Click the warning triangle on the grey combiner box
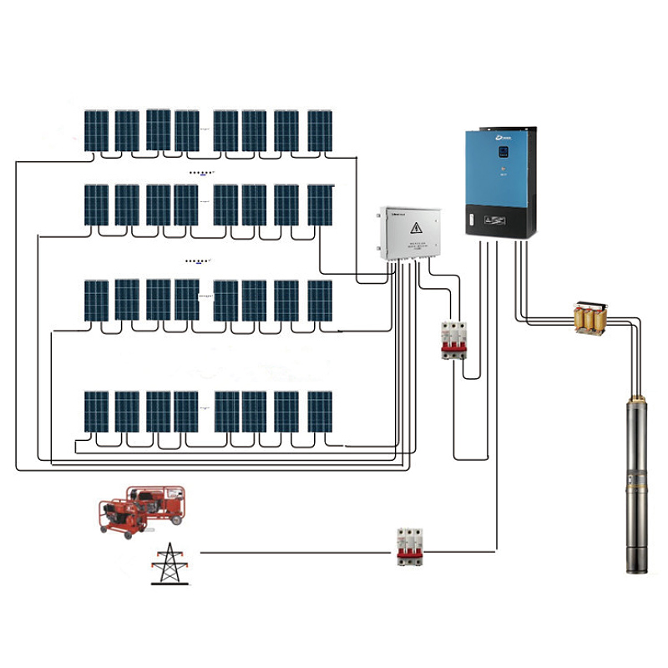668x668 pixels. (x=415, y=228)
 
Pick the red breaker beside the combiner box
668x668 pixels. (x=453, y=339)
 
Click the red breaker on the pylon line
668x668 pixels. (x=409, y=547)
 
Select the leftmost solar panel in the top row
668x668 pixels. (x=96, y=131)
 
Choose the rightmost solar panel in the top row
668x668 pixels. (x=320, y=131)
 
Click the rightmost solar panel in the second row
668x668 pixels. (x=320, y=205)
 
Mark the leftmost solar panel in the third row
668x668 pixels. (x=96, y=301)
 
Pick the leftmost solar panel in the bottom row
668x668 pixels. (x=96, y=411)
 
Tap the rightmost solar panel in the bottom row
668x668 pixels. (x=320, y=411)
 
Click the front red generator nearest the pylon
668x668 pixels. (x=124, y=517)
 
